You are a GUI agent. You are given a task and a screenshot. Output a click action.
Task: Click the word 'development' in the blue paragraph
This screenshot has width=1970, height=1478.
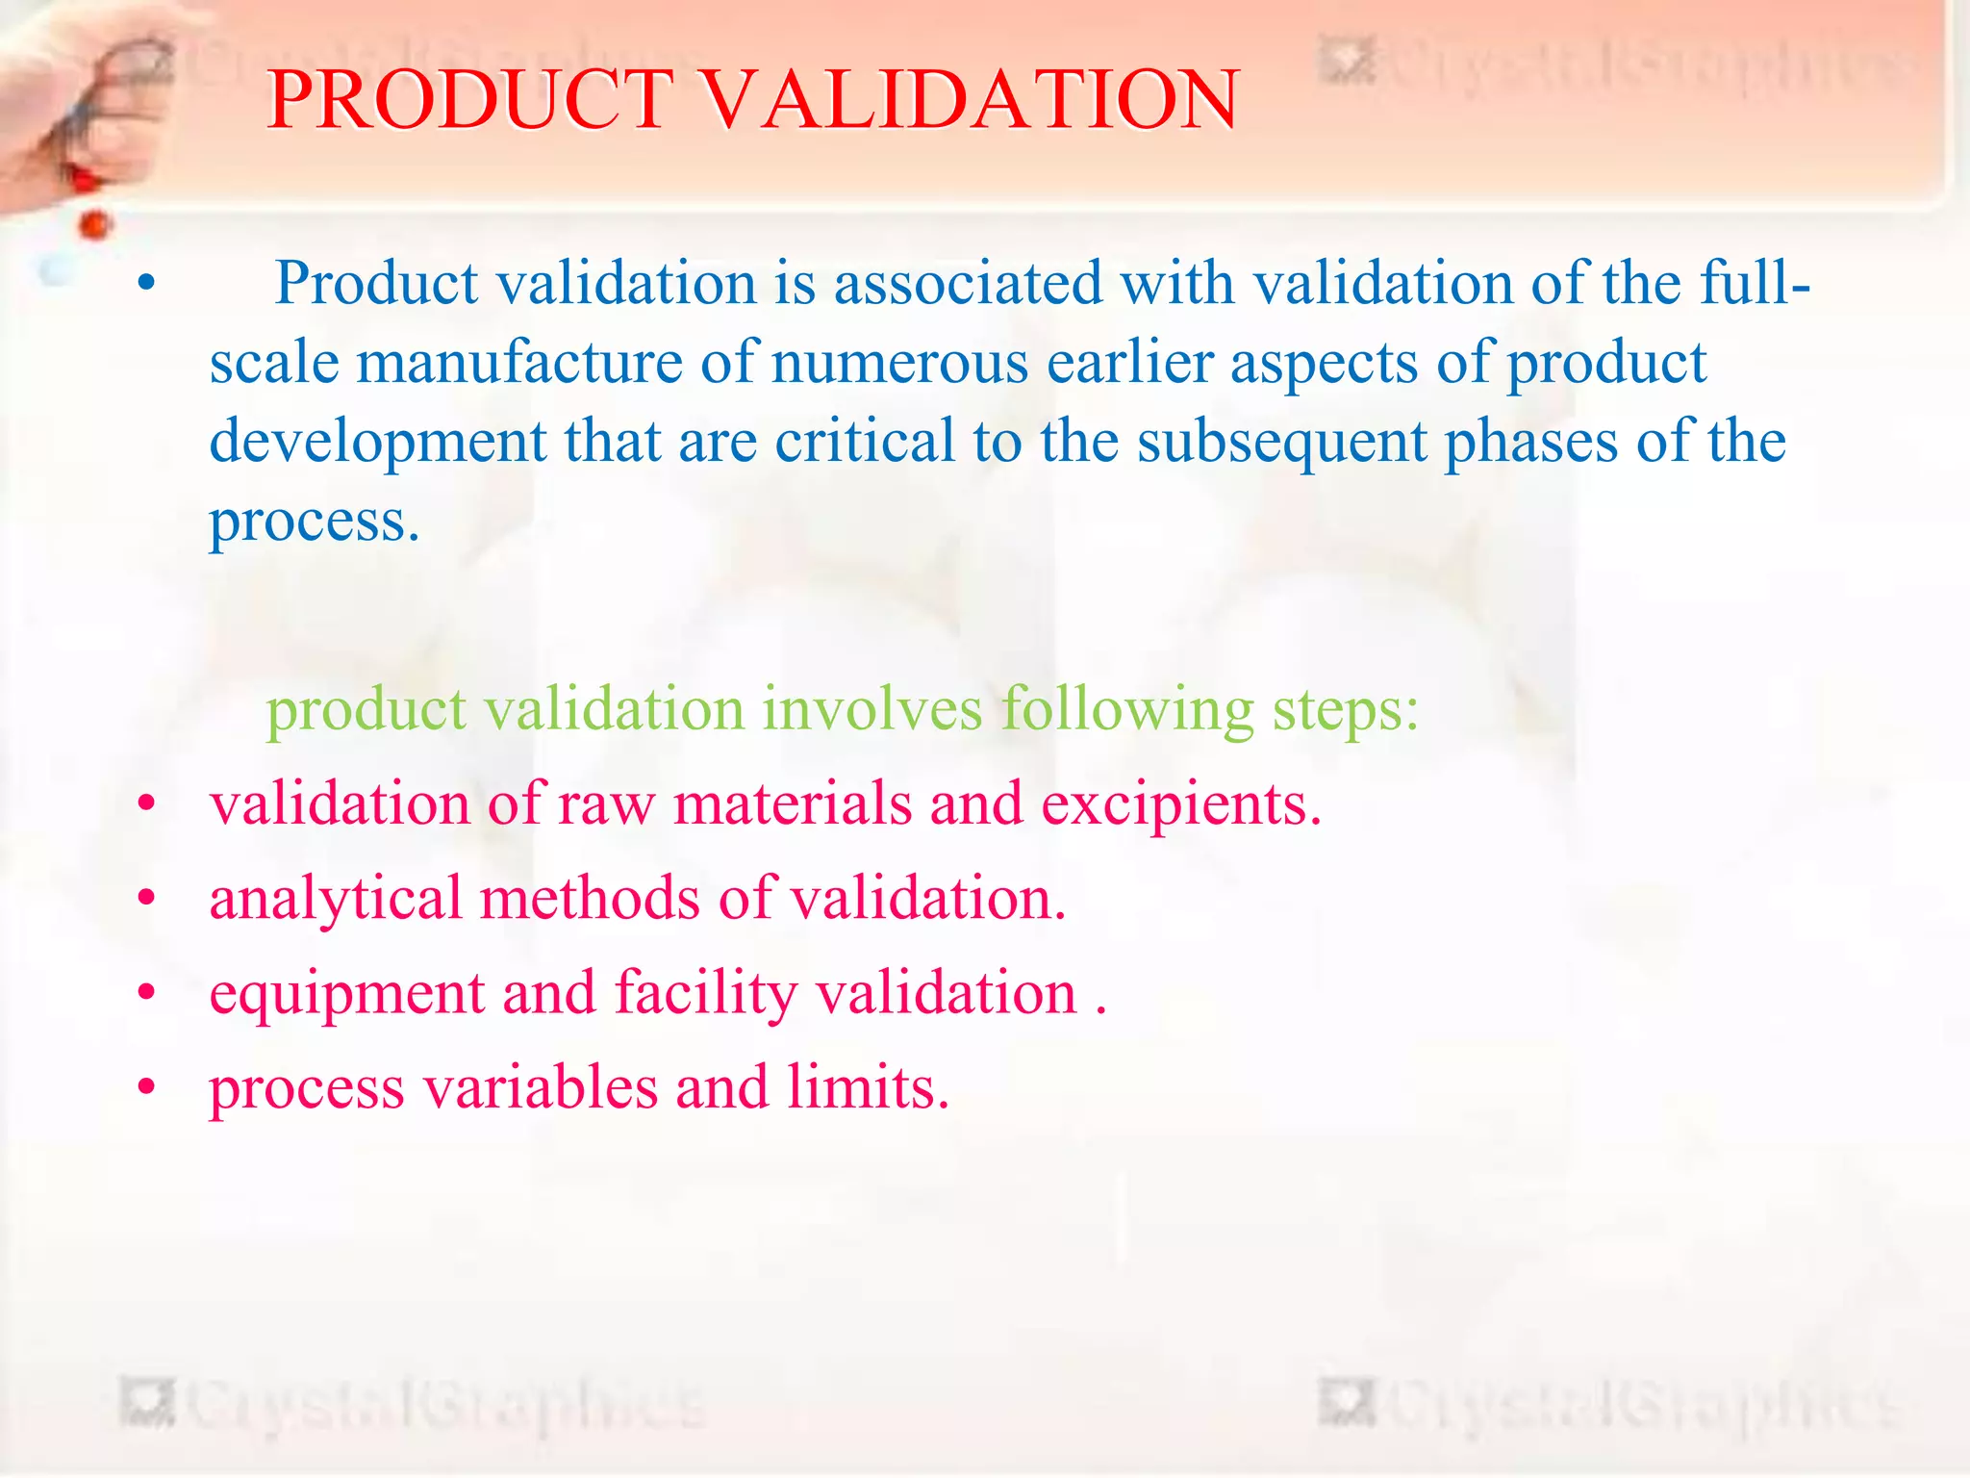pos(378,443)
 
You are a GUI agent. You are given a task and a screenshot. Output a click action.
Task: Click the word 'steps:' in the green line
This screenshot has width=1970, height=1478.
pos(1346,711)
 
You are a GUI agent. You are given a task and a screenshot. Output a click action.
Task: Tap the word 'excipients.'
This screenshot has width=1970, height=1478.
pos(1181,804)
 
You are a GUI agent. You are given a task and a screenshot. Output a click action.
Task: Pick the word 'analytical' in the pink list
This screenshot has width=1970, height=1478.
pos(336,900)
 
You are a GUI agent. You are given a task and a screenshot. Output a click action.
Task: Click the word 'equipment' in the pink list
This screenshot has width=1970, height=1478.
pos(347,995)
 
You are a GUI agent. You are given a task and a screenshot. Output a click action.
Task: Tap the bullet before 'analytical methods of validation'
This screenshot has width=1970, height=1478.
pos(146,899)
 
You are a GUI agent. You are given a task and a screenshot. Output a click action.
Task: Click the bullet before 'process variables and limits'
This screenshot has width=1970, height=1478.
pos(146,1088)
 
